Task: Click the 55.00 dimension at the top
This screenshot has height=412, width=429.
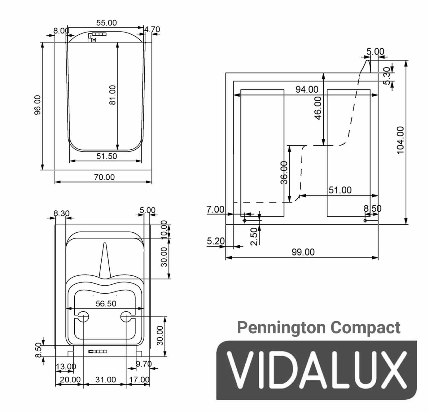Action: [106, 23]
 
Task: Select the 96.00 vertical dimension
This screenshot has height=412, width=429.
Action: [37, 105]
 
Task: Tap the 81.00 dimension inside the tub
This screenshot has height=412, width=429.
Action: [112, 95]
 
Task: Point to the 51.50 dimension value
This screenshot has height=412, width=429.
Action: [107, 156]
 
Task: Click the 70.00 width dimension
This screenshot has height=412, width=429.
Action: [104, 177]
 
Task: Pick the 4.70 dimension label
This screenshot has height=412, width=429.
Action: [152, 30]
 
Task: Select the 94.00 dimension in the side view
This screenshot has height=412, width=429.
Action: [307, 90]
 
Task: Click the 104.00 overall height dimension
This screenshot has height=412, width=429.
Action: [400, 140]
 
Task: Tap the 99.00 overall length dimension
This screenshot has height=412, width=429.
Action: [303, 252]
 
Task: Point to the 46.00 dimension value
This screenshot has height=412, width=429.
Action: [318, 108]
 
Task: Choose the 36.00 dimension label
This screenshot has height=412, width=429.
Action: [284, 173]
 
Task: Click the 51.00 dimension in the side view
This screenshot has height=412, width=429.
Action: [340, 190]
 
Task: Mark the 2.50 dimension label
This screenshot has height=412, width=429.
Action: [254, 236]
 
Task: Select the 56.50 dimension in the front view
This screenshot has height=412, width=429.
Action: [106, 304]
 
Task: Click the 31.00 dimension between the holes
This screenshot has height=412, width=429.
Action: [106, 379]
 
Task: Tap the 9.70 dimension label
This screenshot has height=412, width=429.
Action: [144, 364]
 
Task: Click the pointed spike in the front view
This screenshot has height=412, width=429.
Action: [105, 260]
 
